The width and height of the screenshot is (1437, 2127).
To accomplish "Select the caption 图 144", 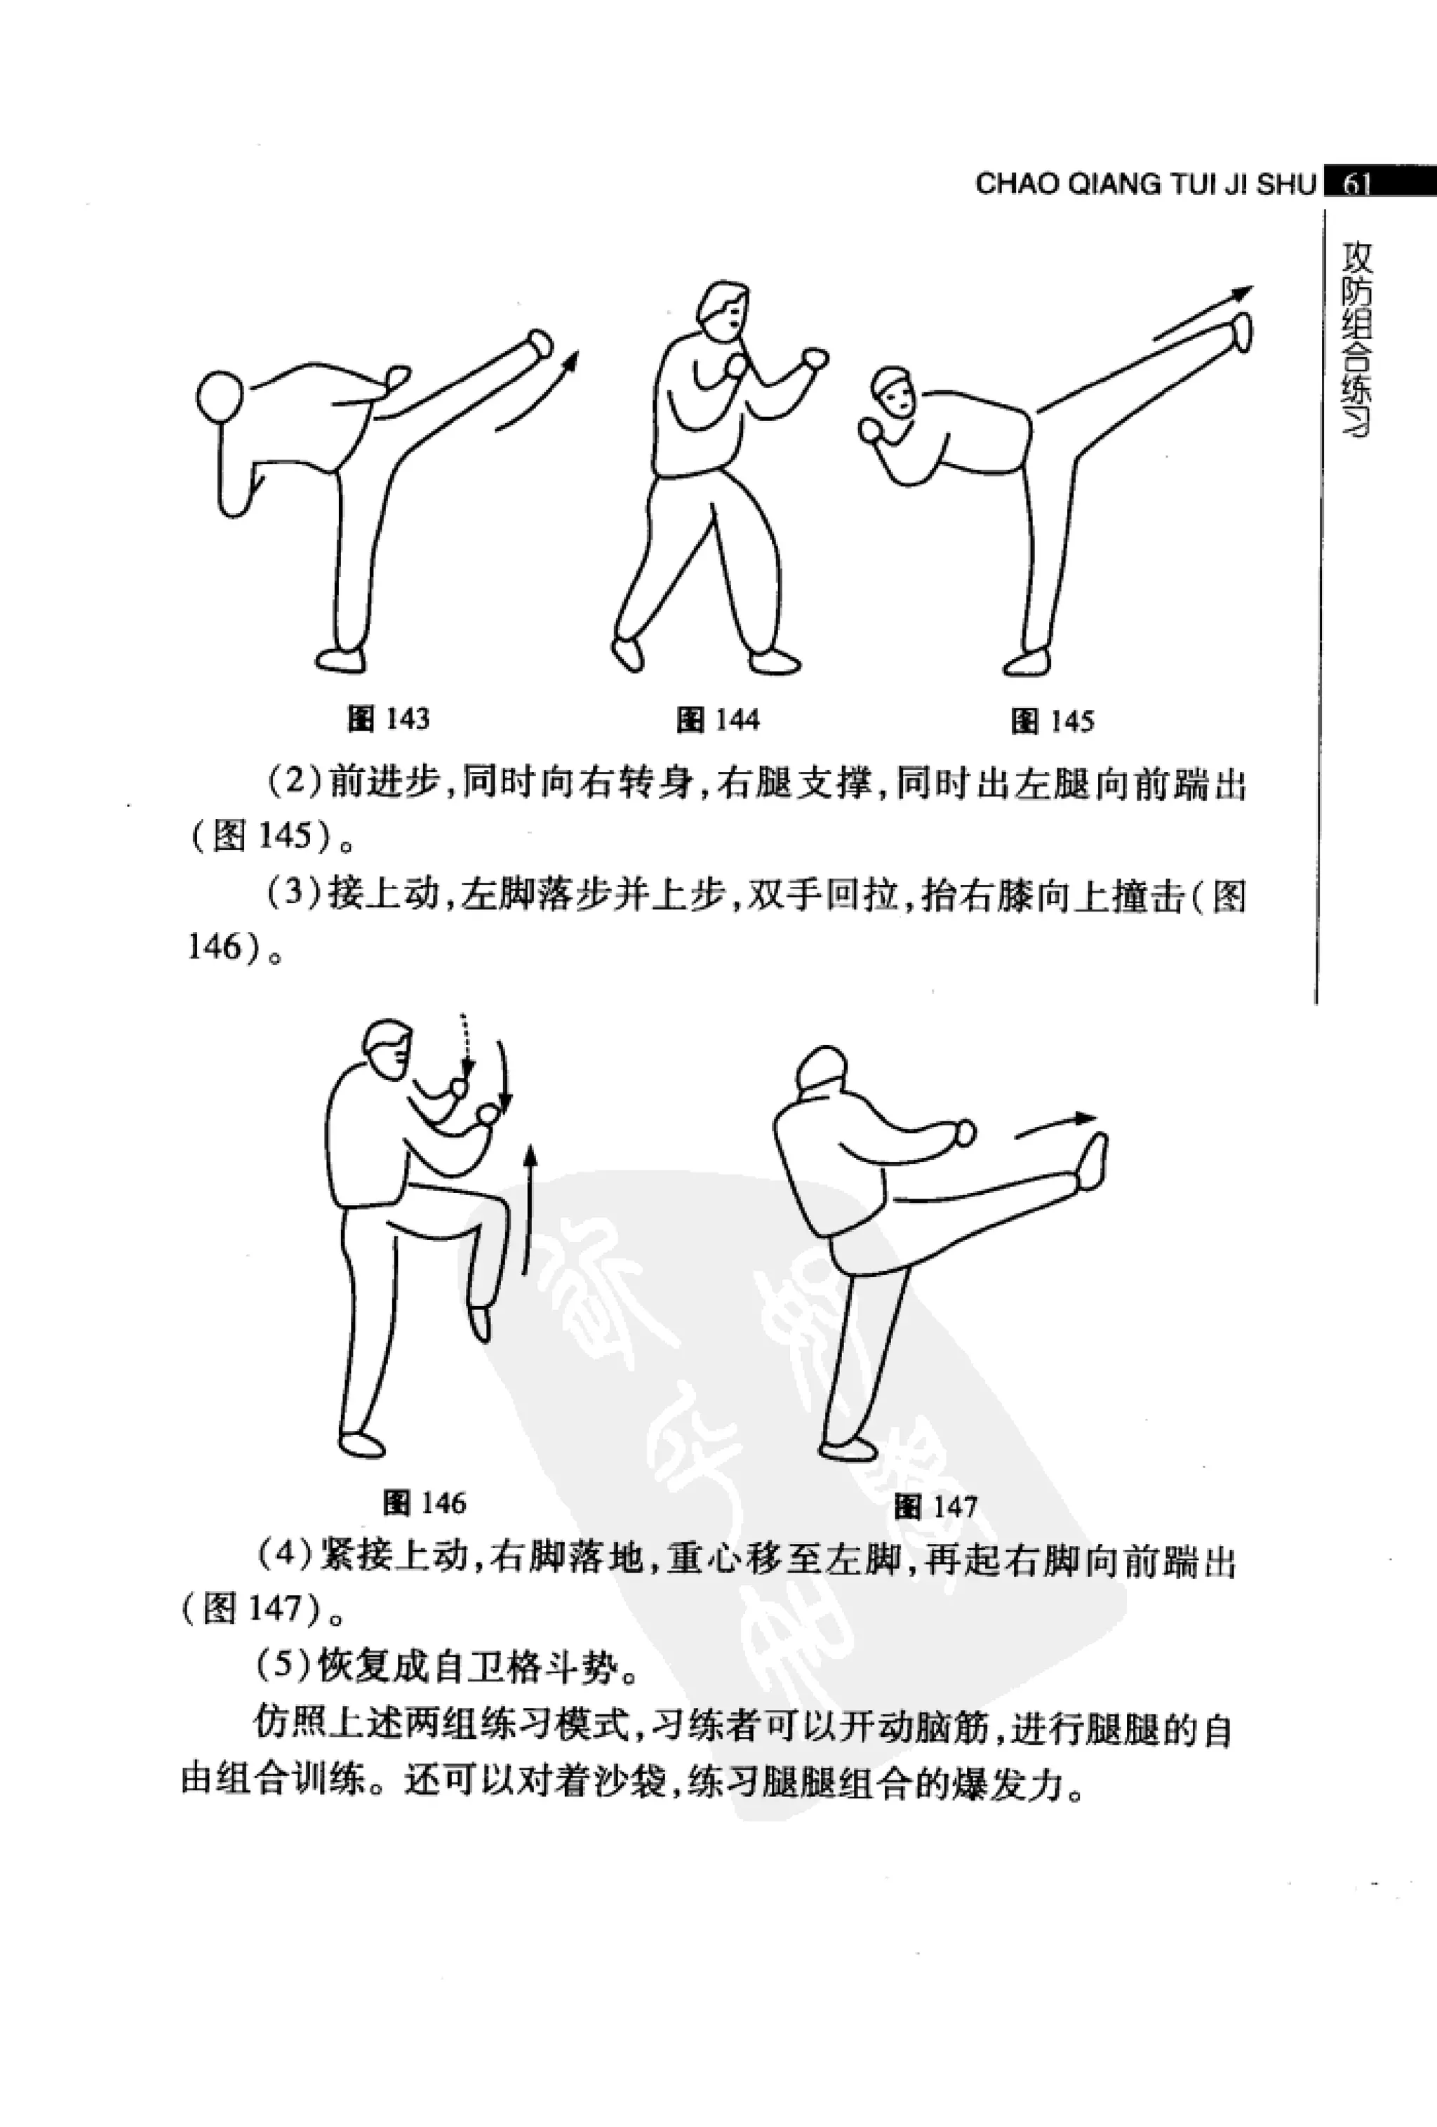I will (x=718, y=720).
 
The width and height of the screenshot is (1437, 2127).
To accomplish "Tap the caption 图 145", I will (x=1052, y=721).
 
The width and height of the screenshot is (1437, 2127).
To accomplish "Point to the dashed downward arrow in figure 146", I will (x=465, y=1044).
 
